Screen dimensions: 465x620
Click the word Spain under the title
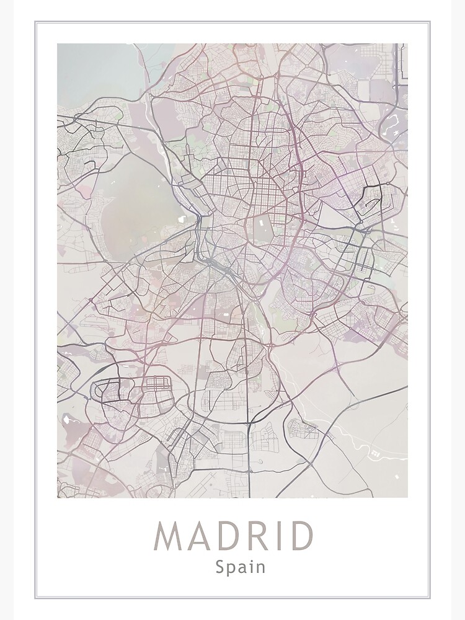coord(241,567)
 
